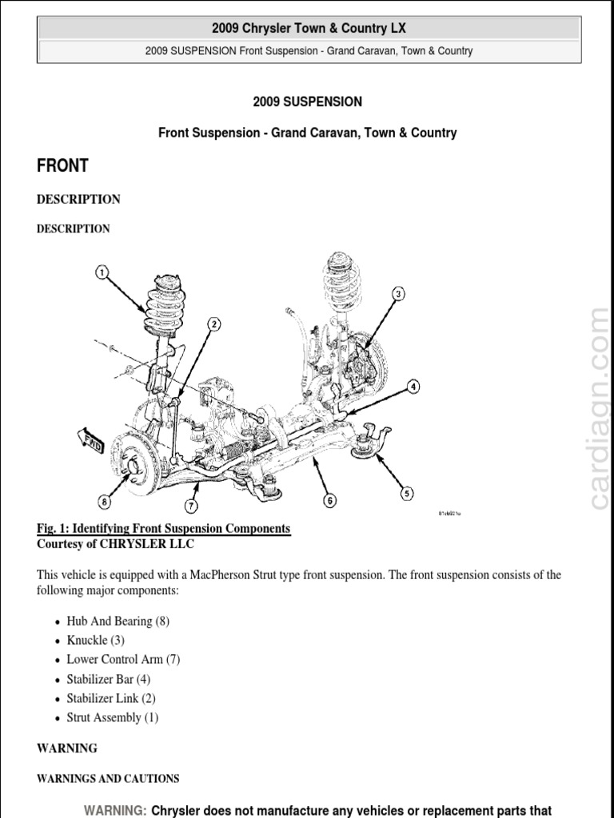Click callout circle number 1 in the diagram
(x=102, y=273)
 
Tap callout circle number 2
(x=213, y=324)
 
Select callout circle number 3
(x=398, y=294)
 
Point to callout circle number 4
(x=413, y=387)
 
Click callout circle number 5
(x=407, y=493)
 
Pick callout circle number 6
(x=329, y=501)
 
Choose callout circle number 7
(x=191, y=505)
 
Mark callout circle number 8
(x=103, y=502)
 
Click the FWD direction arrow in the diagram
(x=90, y=441)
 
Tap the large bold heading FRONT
(x=62, y=166)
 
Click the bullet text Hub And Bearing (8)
(x=118, y=621)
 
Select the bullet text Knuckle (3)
(x=96, y=641)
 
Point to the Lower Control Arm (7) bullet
(x=124, y=660)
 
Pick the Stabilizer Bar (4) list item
(x=109, y=679)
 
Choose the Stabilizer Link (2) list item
(x=110, y=698)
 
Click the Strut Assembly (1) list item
(x=113, y=717)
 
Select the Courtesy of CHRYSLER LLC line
(x=115, y=544)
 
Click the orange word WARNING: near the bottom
(x=115, y=811)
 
